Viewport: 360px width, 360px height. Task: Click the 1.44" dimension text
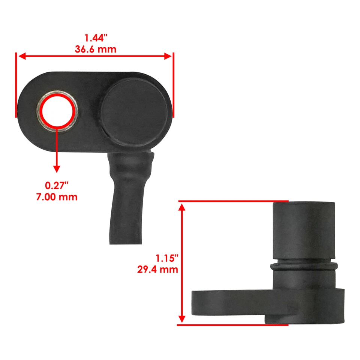(x=95, y=37)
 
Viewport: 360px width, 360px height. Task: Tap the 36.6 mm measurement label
(x=95, y=49)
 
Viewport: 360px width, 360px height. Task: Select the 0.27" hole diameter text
(x=57, y=185)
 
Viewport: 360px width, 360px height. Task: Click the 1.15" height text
(x=166, y=258)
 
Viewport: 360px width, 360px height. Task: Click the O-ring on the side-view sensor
(x=304, y=267)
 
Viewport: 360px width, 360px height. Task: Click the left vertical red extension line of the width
(x=16, y=84)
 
